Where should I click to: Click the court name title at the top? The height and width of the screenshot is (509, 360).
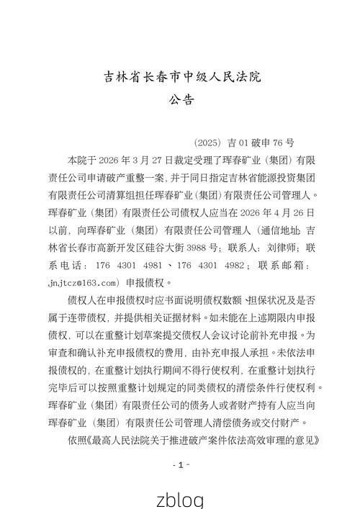pyautogui.click(x=180, y=76)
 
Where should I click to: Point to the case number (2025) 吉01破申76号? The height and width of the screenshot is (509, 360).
pyautogui.click(x=244, y=143)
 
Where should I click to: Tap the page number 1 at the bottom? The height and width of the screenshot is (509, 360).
pyautogui.click(x=180, y=464)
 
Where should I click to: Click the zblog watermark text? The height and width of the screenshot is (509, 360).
pyautogui.click(x=180, y=498)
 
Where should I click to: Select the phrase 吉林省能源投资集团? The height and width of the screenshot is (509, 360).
pyautogui.click(x=276, y=177)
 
